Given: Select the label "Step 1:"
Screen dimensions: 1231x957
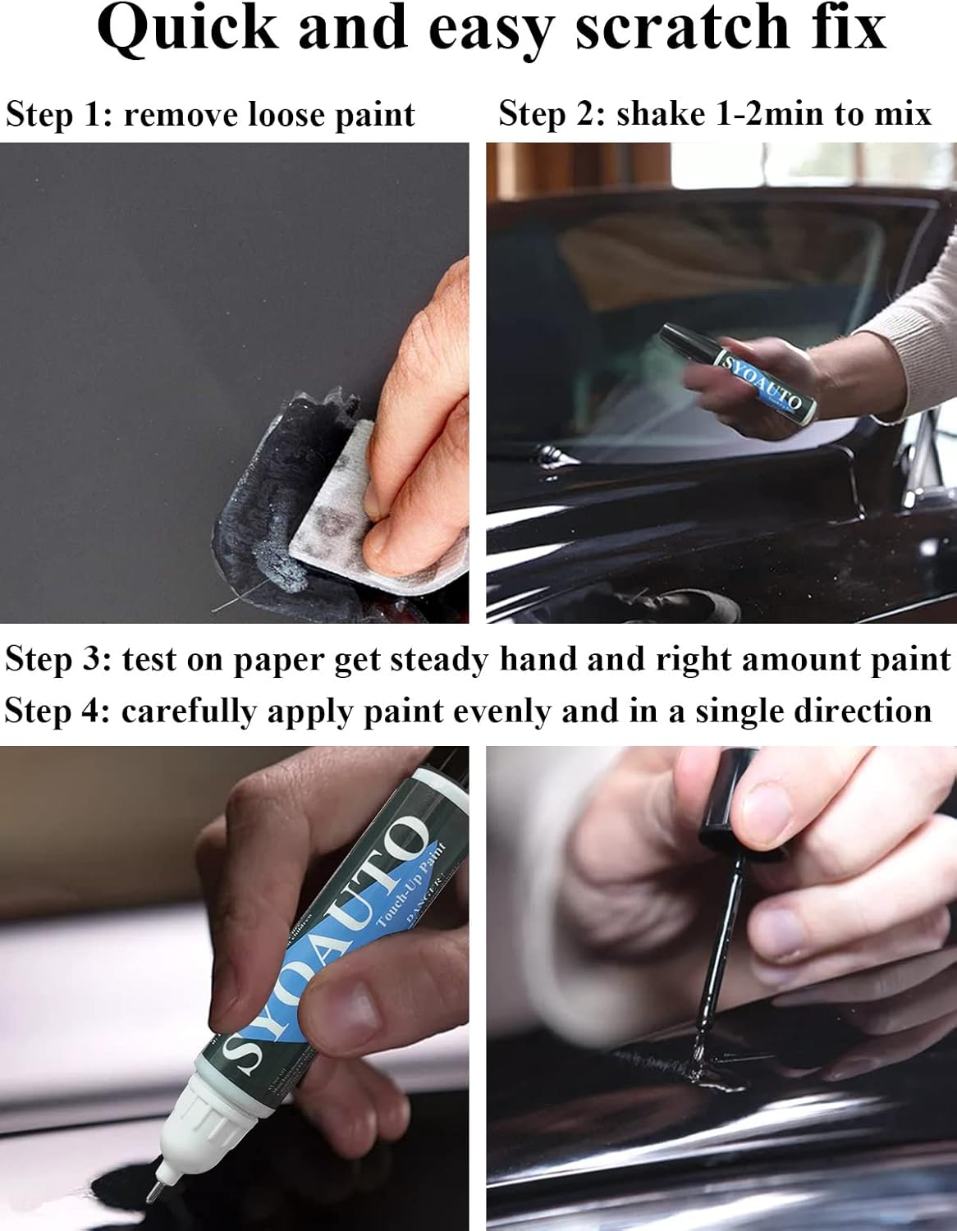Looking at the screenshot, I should (x=59, y=115).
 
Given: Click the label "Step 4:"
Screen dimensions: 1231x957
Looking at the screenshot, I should (x=57, y=711).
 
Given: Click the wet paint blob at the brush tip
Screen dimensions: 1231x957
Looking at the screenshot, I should (x=699, y=1064).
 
